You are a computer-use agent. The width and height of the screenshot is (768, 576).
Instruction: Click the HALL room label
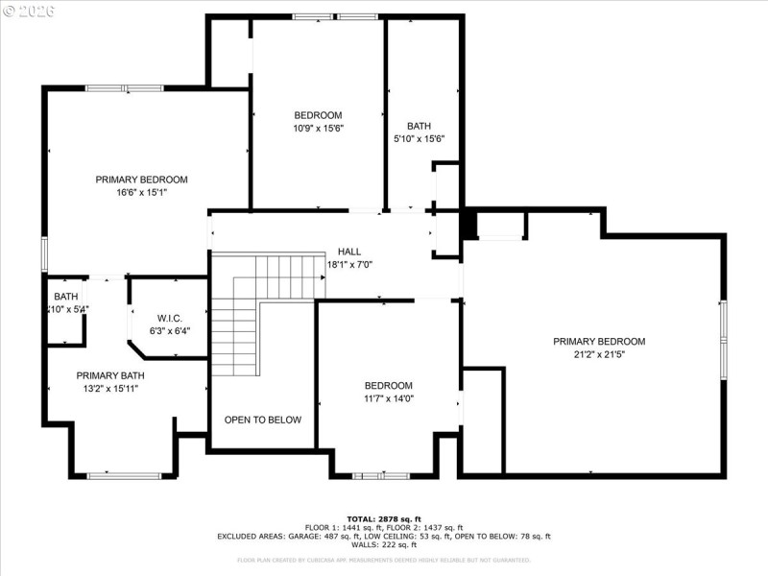pos(349,252)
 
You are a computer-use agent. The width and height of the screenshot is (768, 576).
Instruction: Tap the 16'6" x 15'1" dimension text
pos(141,192)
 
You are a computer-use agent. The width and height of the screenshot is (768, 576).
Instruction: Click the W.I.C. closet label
pos(170,318)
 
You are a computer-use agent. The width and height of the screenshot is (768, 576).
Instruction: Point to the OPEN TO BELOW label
pos(263,420)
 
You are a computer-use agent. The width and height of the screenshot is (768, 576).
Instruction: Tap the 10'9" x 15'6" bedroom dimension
pos(318,128)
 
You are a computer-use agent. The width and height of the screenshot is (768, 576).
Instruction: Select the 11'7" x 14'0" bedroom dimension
pos(388,398)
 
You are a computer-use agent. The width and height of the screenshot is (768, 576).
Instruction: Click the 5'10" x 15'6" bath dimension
pos(420,138)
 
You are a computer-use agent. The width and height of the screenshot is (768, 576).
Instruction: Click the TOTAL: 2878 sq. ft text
pos(384,518)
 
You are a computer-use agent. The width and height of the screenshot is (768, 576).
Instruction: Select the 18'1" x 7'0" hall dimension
pos(349,264)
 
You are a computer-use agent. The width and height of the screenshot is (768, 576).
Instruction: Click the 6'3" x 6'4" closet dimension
pos(170,330)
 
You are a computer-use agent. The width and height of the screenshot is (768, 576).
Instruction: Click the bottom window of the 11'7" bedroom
pos(381,475)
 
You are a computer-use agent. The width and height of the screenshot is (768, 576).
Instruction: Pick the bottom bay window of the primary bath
pos(124,475)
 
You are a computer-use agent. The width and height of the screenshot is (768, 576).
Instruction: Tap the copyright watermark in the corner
pos(29,12)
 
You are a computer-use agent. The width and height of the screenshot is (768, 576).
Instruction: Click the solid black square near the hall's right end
pos(468,224)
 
